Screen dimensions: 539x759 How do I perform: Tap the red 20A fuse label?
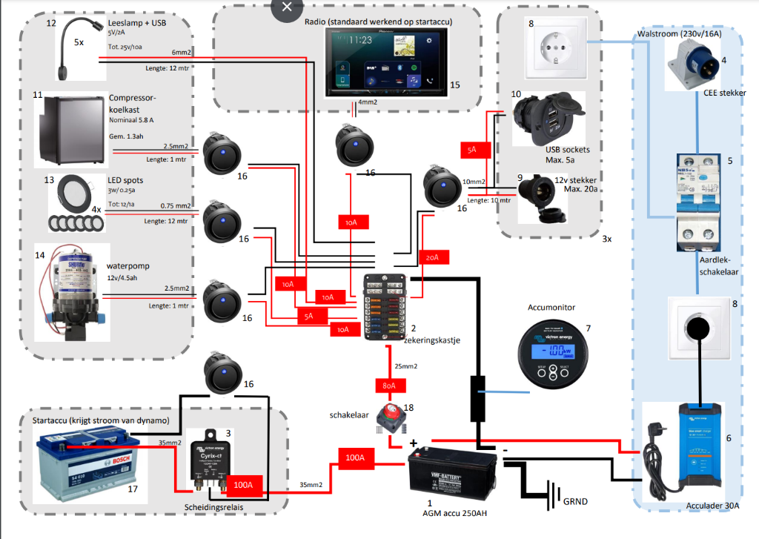tap(433, 257)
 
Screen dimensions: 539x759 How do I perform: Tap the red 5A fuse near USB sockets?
tap(472, 150)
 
